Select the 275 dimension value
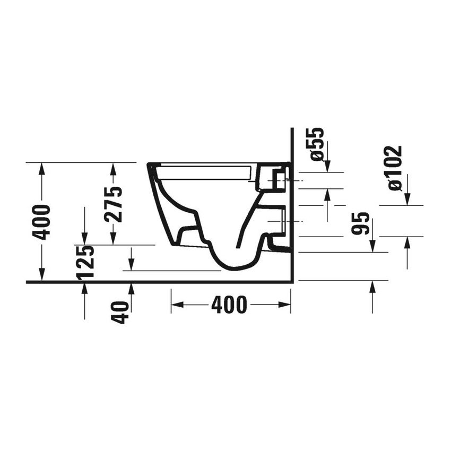click(x=113, y=204)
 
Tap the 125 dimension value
click(x=85, y=262)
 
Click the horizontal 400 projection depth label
click(x=229, y=305)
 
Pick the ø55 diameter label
click(x=317, y=144)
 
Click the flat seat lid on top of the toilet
click(x=204, y=171)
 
